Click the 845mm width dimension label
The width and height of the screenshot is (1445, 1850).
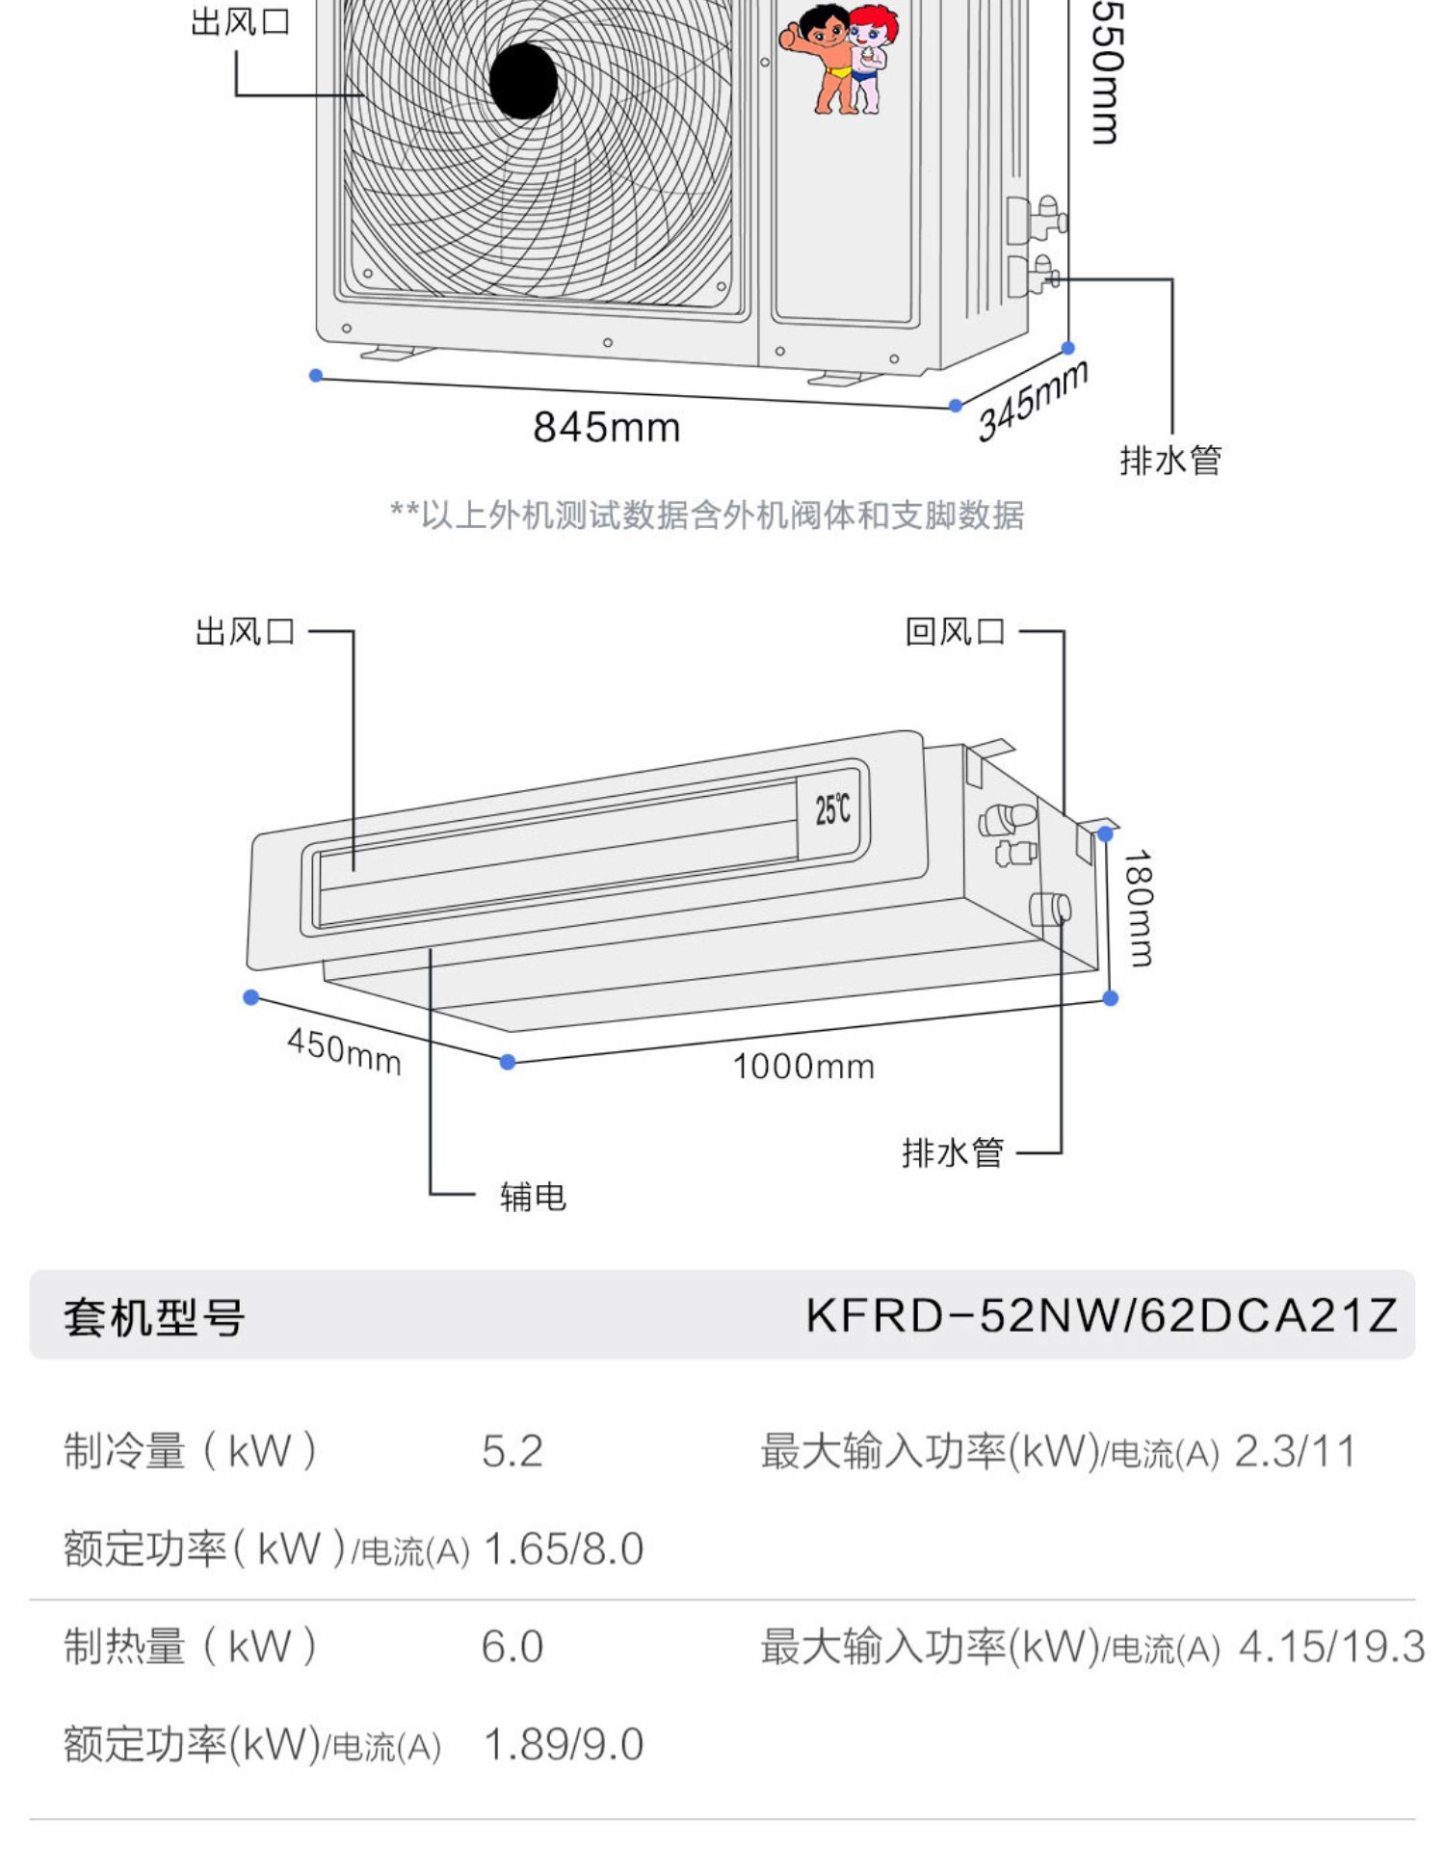pyautogui.click(x=607, y=427)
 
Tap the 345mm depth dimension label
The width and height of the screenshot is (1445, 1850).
pyautogui.click(x=1032, y=399)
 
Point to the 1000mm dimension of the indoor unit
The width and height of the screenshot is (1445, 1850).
pyautogui.click(x=803, y=1067)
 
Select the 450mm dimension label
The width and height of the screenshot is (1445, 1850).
pyautogui.click(x=344, y=1050)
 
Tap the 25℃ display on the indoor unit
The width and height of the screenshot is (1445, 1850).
pyautogui.click(x=832, y=808)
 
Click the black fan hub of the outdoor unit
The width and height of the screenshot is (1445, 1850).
pyautogui.click(x=523, y=81)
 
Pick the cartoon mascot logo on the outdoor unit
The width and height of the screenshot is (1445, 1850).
pyautogui.click(x=838, y=58)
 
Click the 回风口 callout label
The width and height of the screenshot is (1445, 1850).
pyautogui.click(x=955, y=632)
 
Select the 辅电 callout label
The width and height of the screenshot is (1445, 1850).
pyautogui.click(x=533, y=1197)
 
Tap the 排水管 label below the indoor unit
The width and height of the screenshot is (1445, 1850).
pyautogui.click(x=953, y=1152)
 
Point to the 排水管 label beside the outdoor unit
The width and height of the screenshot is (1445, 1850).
pyautogui.click(x=1170, y=461)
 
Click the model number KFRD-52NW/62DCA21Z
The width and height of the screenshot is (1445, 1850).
pyautogui.click(x=1101, y=1315)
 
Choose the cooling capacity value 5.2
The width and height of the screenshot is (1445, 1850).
pyautogui.click(x=512, y=1451)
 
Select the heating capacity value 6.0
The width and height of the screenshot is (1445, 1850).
pyautogui.click(x=512, y=1647)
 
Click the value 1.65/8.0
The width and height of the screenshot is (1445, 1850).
pyautogui.click(x=564, y=1549)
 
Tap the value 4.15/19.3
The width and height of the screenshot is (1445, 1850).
pyautogui.click(x=1331, y=1647)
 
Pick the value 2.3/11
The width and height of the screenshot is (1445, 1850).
pyautogui.click(x=1295, y=1451)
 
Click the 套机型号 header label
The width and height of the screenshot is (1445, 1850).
pyautogui.click(x=154, y=1317)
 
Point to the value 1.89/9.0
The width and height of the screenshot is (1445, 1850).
pyautogui.click(x=564, y=1745)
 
